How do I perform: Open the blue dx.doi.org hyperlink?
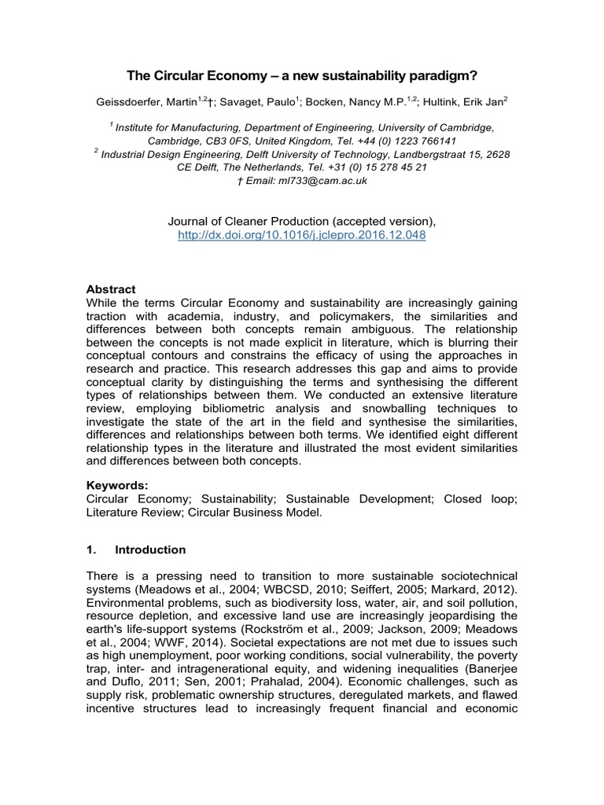[302, 235]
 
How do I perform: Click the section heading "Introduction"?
[150, 550]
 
